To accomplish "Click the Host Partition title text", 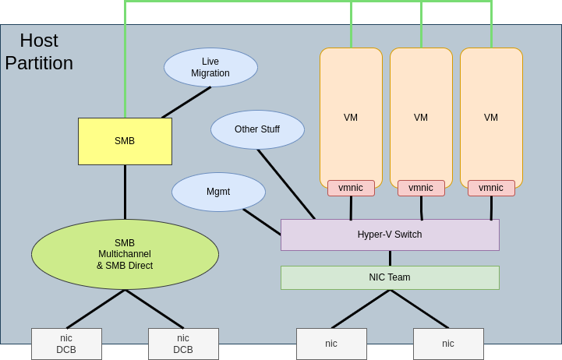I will pyautogui.click(x=39, y=51).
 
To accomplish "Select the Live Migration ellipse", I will pyautogui.click(x=210, y=68).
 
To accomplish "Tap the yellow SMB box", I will pyautogui.click(x=125, y=141).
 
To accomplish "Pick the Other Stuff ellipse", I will pyautogui.click(x=257, y=129).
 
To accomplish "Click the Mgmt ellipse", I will pyautogui.click(x=218, y=192).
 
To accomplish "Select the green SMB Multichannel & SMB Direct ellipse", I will pyautogui.click(x=125, y=254).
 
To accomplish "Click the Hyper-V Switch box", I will pyautogui.click(x=390, y=235).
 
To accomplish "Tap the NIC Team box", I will pyautogui.click(x=390, y=277).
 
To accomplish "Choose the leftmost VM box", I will pyautogui.click(x=351, y=117).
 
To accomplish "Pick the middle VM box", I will pyautogui.click(x=421, y=117).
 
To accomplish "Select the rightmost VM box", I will pyautogui.click(x=491, y=117).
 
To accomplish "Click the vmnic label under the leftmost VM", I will pyautogui.click(x=351, y=188).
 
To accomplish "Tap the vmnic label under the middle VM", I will pyautogui.click(x=421, y=188).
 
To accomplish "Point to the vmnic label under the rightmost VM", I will pyautogui.click(x=491, y=188).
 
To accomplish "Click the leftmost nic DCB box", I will pyautogui.click(x=66, y=344).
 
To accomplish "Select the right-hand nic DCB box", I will pyautogui.click(x=183, y=344).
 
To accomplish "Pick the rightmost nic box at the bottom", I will pyautogui.click(x=448, y=344).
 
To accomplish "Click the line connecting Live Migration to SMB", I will pyautogui.click(x=186, y=102).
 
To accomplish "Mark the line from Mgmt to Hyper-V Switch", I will pyautogui.click(x=262, y=222).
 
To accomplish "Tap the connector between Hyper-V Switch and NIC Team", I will pyautogui.click(x=390, y=258).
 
